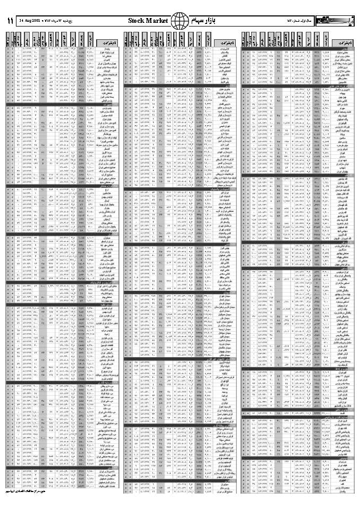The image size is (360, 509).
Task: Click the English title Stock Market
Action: (x=148, y=21)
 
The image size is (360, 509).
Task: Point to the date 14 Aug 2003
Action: (x=30, y=21)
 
